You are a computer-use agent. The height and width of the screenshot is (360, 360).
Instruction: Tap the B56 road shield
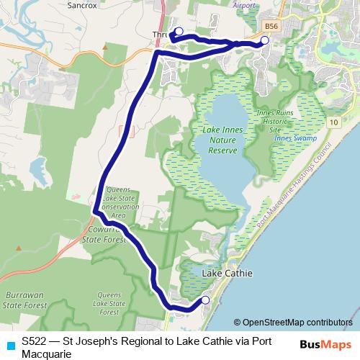(x=271, y=26)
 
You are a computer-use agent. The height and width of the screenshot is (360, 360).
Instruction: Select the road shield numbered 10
(x=333, y=123)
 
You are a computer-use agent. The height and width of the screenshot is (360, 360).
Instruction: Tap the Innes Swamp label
(x=292, y=138)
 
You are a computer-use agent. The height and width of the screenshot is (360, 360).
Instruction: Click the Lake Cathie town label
(x=228, y=274)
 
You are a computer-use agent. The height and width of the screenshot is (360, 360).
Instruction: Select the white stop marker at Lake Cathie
(x=205, y=300)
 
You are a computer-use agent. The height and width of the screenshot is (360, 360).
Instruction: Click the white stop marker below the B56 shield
(x=264, y=40)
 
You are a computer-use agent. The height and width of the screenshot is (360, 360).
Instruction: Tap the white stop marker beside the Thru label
(x=179, y=31)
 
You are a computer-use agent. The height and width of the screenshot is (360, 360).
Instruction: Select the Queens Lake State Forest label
(x=109, y=304)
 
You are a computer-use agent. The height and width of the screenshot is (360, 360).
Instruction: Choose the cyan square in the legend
(x=9, y=345)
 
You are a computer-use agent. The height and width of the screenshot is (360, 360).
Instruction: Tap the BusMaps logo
(x=325, y=344)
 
